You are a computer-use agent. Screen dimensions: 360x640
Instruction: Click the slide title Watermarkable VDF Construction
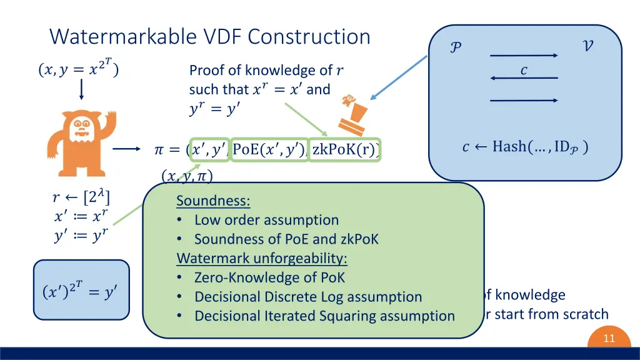click(x=210, y=36)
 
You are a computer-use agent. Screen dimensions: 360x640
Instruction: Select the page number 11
click(x=608, y=338)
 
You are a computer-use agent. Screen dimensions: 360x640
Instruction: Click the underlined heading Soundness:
click(x=213, y=201)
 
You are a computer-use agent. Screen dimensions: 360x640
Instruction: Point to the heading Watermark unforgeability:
click(x=262, y=258)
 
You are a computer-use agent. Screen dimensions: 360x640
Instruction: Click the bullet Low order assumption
click(x=266, y=220)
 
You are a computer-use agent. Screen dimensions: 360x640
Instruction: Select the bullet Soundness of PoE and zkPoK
click(x=286, y=239)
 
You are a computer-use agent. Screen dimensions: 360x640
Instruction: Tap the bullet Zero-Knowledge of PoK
click(x=269, y=277)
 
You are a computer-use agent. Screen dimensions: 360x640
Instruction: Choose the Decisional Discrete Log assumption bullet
click(x=308, y=297)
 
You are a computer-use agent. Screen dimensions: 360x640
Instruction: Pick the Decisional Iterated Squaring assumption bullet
click(x=324, y=316)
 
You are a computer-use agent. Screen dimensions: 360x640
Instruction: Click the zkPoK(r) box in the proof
click(x=345, y=150)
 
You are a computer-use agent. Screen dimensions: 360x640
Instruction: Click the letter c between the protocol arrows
click(x=524, y=70)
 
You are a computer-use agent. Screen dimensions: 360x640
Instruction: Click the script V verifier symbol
click(x=587, y=46)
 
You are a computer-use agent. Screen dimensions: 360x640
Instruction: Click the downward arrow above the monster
click(x=81, y=91)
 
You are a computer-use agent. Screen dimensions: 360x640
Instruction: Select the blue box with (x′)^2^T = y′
click(x=80, y=291)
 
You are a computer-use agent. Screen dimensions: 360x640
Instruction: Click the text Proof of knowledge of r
click(x=266, y=71)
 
